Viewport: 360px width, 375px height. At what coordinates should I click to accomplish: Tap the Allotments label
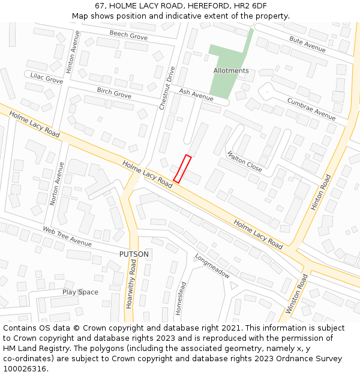coord(231,71)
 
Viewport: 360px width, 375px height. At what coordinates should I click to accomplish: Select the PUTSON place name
coord(134,254)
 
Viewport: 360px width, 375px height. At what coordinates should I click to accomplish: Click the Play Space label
coord(80,292)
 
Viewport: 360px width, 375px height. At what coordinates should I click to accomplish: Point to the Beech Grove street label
coord(128,36)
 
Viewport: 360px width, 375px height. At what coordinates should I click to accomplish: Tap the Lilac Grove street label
coord(47,78)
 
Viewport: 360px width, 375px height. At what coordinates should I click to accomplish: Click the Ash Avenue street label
coord(196,94)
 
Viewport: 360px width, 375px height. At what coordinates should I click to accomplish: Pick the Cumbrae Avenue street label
coord(311,109)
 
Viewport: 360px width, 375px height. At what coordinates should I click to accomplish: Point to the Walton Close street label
coord(245,161)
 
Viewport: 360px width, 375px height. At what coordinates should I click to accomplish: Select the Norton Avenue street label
coord(57,184)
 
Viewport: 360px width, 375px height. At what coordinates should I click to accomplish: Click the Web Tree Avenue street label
coord(67,236)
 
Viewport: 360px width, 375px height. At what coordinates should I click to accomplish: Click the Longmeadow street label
coord(212,265)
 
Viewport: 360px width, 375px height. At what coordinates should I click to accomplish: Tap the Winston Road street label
coord(296,294)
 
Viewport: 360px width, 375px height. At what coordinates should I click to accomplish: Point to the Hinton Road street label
coord(320,192)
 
